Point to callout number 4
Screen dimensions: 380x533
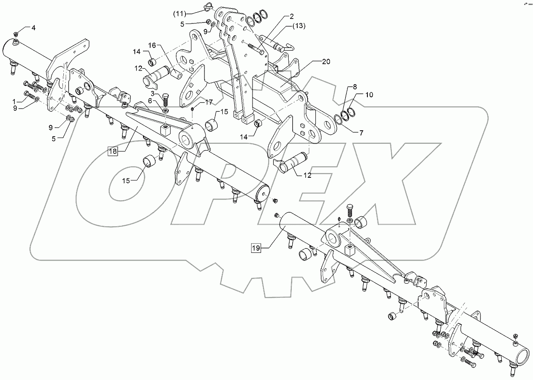click(x=33, y=28)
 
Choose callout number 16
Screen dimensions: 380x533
click(x=152, y=45)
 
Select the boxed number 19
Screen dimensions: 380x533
click(x=257, y=247)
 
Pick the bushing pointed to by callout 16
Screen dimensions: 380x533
click(x=175, y=72)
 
